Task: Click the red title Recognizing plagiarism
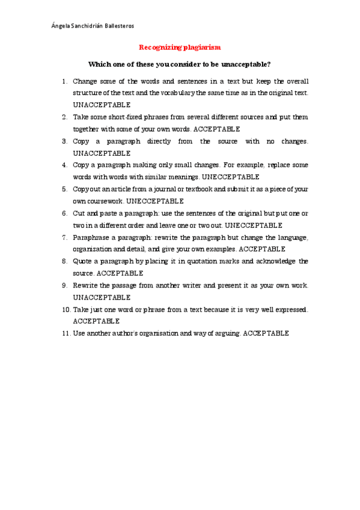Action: pos(180,47)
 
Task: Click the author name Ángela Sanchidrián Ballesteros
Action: pos(93,26)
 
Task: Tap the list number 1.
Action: pos(65,81)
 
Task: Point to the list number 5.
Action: pos(65,189)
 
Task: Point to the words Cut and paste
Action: pos(96,213)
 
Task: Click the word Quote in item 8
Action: pos(82,261)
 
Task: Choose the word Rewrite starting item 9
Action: pos(85,285)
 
